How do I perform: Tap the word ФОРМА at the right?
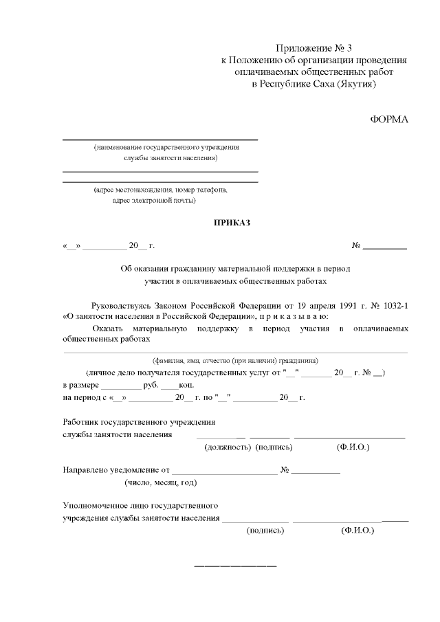click(389, 120)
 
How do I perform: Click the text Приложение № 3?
click(313, 48)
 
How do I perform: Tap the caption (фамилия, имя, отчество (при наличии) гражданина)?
click(234, 360)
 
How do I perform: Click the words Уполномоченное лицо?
click(102, 506)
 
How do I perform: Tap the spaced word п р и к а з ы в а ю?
click(292, 316)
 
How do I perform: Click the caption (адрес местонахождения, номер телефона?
click(161, 189)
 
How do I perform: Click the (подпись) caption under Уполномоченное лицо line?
click(265, 531)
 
